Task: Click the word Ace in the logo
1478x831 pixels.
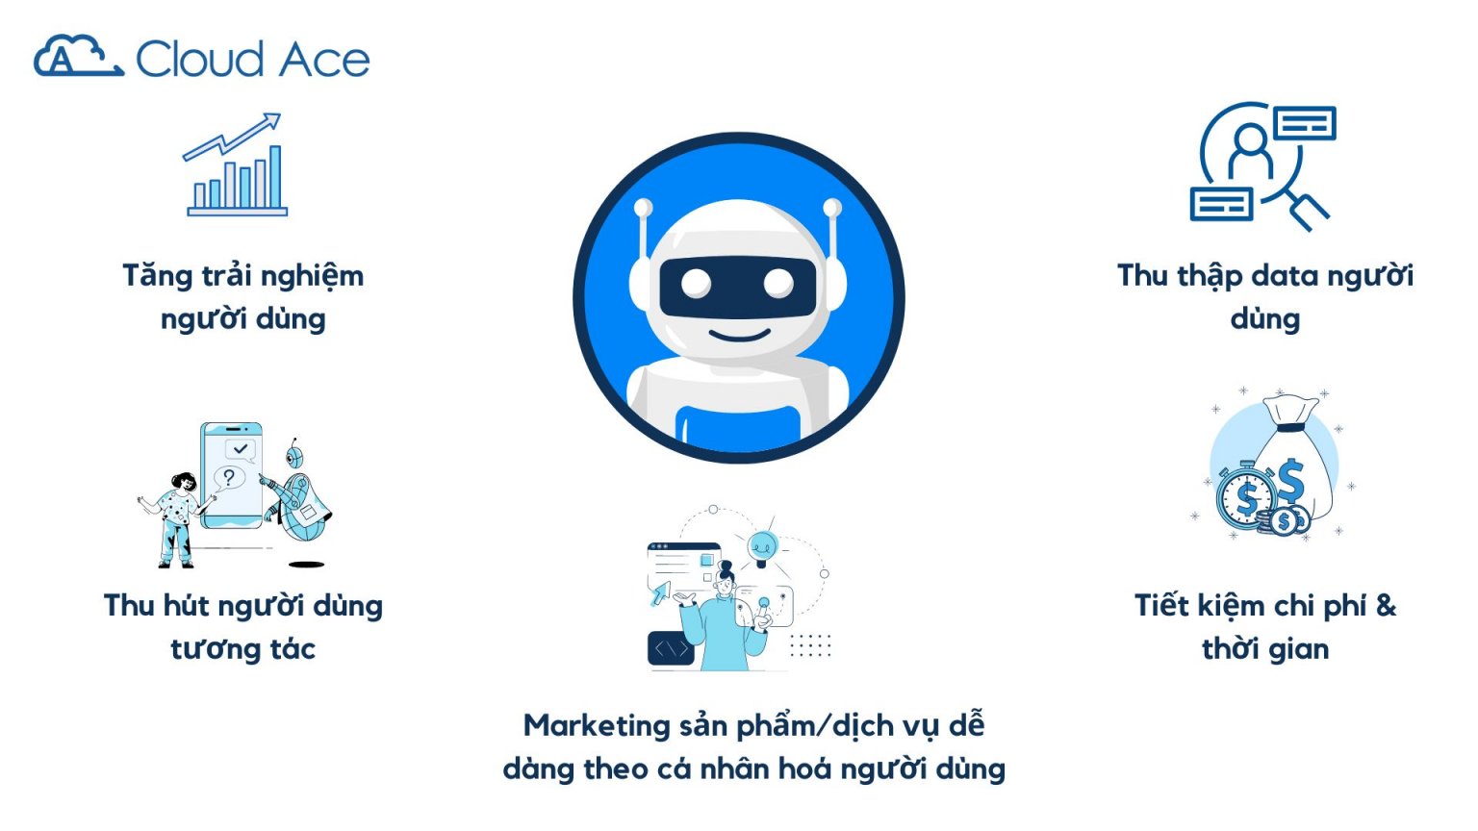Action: [x=326, y=61]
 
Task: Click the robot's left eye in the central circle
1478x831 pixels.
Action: [x=696, y=283]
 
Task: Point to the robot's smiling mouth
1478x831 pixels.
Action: [x=738, y=336]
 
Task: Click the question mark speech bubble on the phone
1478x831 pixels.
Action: [x=229, y=477]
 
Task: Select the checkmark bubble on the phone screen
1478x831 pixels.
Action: [x=240, y=448]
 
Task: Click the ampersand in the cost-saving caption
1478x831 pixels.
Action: [x=1386, y=605]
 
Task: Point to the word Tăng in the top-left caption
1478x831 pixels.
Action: [x=158, y=276]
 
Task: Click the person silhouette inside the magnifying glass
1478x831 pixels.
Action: [x=1250, y=150]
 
